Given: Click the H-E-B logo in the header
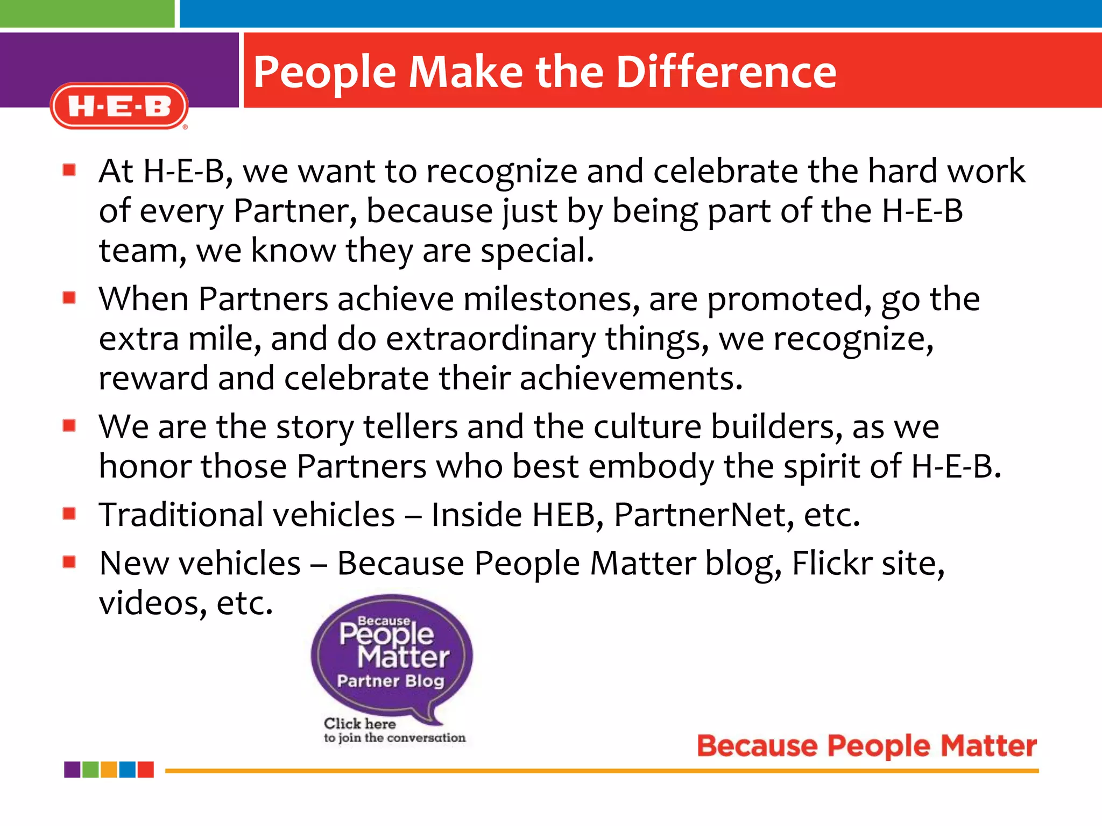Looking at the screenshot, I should pyautogui.click(x=119, y=106).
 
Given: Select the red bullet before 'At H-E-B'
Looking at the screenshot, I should pyautogui.click(x=69, y=170).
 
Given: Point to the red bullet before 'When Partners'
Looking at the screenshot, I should pyautogui.click(x=69, y=298).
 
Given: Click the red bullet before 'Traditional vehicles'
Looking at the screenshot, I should pyautogui.click(x=69, y=514).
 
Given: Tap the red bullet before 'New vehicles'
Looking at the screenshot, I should pyautogui.click(x=69, y=562).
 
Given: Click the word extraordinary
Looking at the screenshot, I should pyautogui.click(x=491, y=339).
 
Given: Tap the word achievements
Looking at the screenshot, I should pyautogui.click(x=631, y=378).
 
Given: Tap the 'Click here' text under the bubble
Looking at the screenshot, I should pyautogui.click(x=359, y=723).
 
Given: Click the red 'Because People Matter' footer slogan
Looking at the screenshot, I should pyautogui.click(x=866, y=746).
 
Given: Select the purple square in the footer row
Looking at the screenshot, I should pyautogui.click(x=72, y=770).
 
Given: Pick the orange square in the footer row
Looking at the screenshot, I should pyautogui.click(x=109, y=770).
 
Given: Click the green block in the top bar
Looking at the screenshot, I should pyautogui.click(x=87, y=13).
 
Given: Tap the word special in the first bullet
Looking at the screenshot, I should pyautogui.click(x=536, y=251).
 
